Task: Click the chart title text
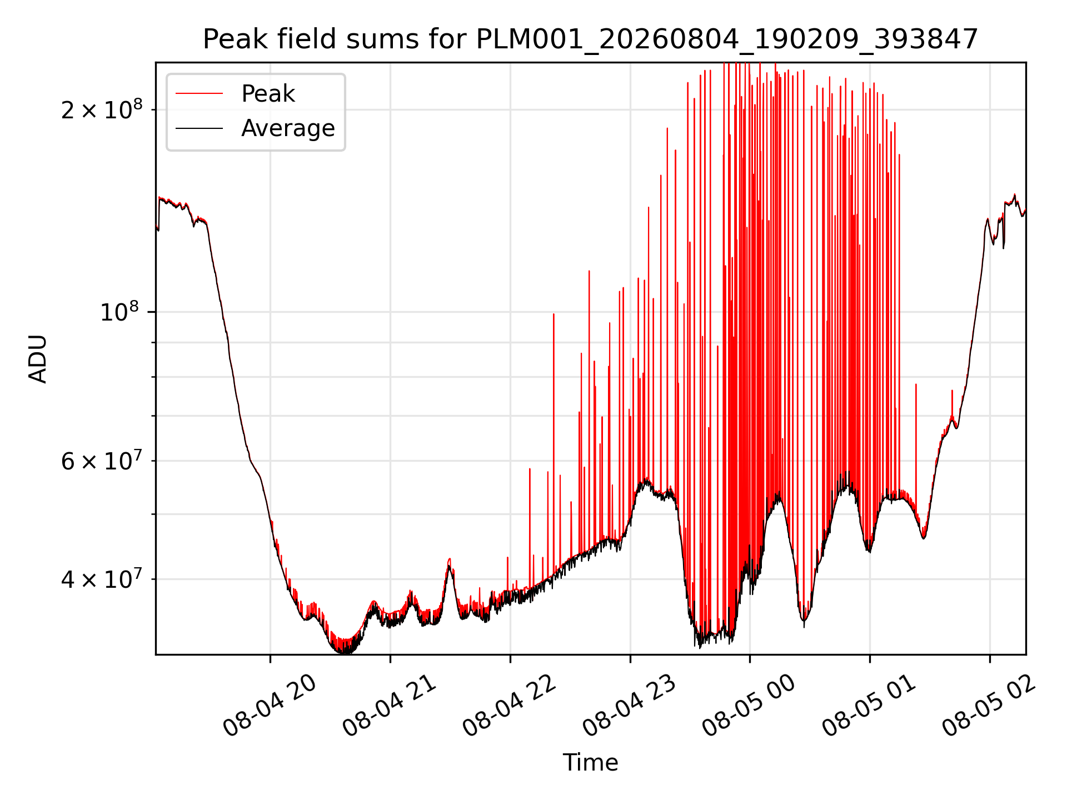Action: point(590,39)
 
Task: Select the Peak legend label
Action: point(268,94)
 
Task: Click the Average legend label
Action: point(288,128)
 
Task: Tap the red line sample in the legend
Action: point(199,94)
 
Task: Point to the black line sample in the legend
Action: point(199,128)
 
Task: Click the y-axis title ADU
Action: point(38,358)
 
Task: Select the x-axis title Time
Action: point(590,763)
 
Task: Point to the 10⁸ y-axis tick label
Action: point(121,312)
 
